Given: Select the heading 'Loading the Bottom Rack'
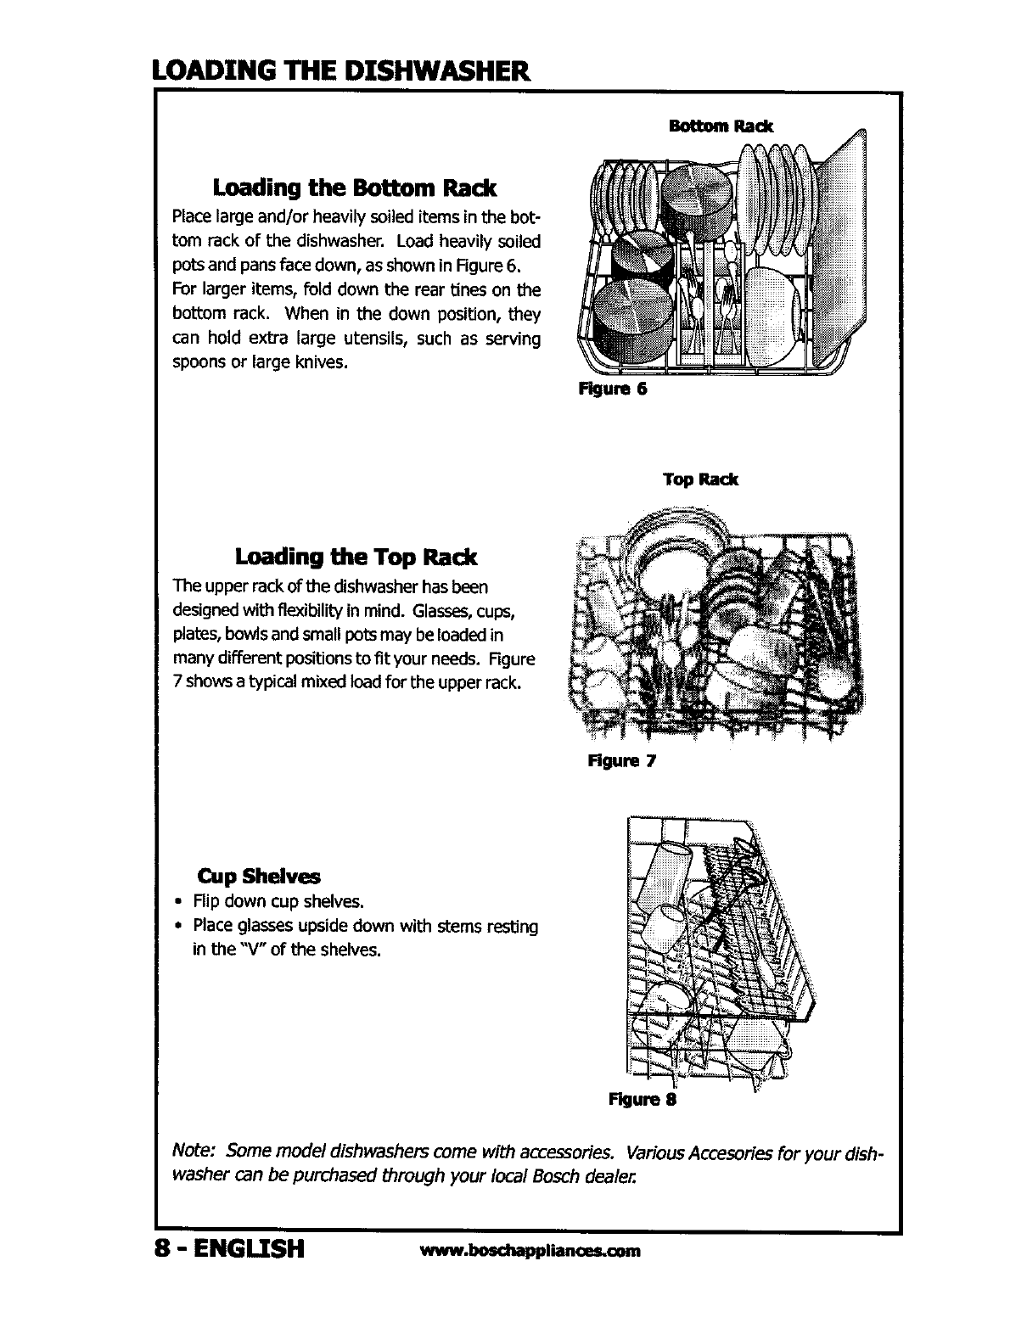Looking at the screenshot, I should pos(355,187).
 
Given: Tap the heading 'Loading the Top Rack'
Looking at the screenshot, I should pos(356,558).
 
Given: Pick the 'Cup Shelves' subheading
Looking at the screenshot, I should pos(259,876).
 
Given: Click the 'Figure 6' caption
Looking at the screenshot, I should pos(613,390).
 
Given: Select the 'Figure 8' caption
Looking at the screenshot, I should pos(642,1100).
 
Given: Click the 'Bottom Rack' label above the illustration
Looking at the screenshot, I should pos(721,126).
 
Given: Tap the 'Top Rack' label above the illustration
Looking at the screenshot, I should pos(700,479).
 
